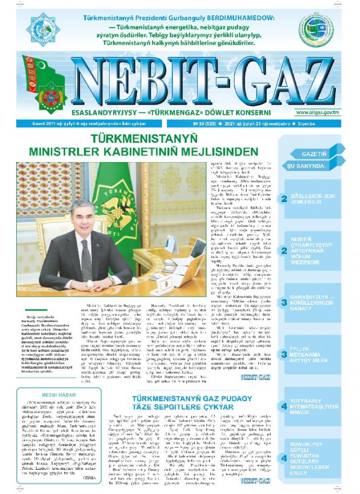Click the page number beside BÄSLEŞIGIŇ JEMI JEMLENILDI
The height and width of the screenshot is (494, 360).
(285, 198)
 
